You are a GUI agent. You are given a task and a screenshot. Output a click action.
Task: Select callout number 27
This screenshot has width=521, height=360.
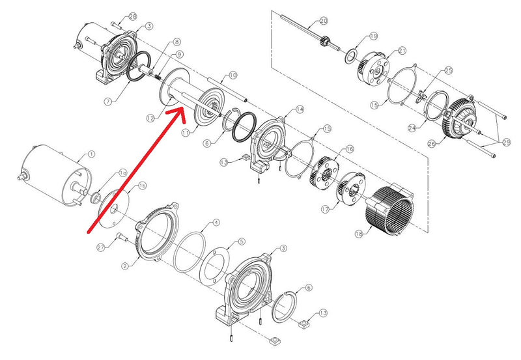coord(101,247)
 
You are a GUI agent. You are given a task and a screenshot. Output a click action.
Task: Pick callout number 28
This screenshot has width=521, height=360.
coord(133,16)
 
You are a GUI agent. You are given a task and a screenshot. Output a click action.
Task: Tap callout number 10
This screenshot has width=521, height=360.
coord(232,76)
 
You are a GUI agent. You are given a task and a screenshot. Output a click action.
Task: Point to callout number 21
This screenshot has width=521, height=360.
coord(401,50)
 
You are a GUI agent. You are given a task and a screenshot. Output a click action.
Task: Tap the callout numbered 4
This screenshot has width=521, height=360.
coord(216,223)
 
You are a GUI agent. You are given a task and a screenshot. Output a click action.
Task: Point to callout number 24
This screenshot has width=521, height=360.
coord(412,128)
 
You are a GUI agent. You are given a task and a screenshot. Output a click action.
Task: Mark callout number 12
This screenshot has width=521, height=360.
coord(150,118)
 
